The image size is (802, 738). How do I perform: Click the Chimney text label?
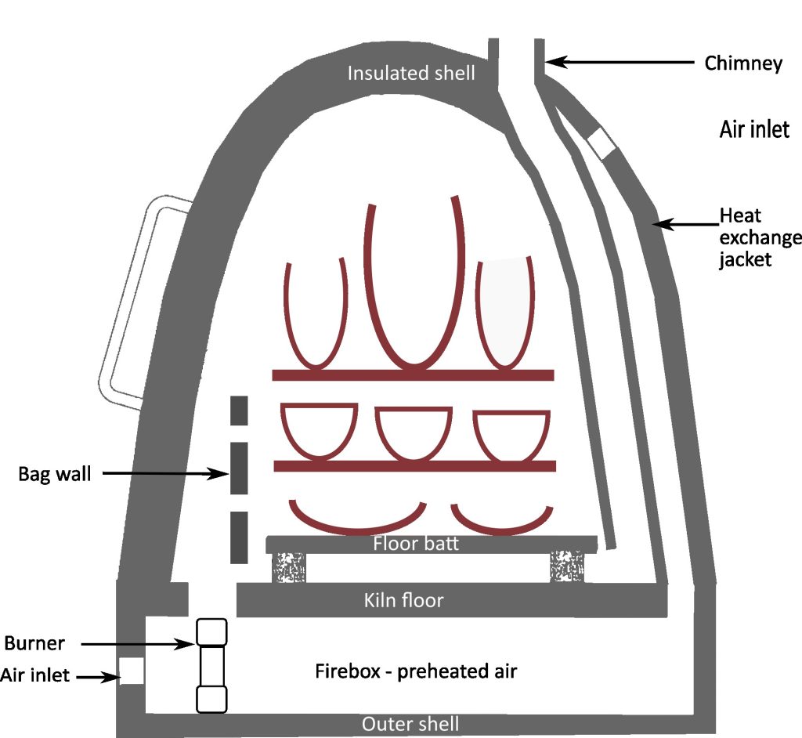(x=742, y=63)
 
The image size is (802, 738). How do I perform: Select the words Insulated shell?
(x=411, y=74)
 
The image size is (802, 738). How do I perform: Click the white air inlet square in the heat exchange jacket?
(x=602, y=143)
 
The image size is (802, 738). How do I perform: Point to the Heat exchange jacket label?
(x=759, y=237)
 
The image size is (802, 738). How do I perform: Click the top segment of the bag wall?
(x=239, y=411)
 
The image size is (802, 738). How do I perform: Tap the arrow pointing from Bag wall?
(x=164, y=473)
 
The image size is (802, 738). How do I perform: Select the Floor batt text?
(x=412, y=544)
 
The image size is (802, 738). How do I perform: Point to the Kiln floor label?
(x=403, y=601)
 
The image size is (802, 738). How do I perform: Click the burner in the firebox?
(x=211, y=665)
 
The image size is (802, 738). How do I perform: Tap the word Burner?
(x=34, y=644)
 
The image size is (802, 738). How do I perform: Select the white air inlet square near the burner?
(x=132, y=671)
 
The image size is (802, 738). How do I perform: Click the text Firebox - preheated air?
(x=416, y=671)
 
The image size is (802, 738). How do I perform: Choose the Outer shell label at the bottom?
(x=410, y=724)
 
